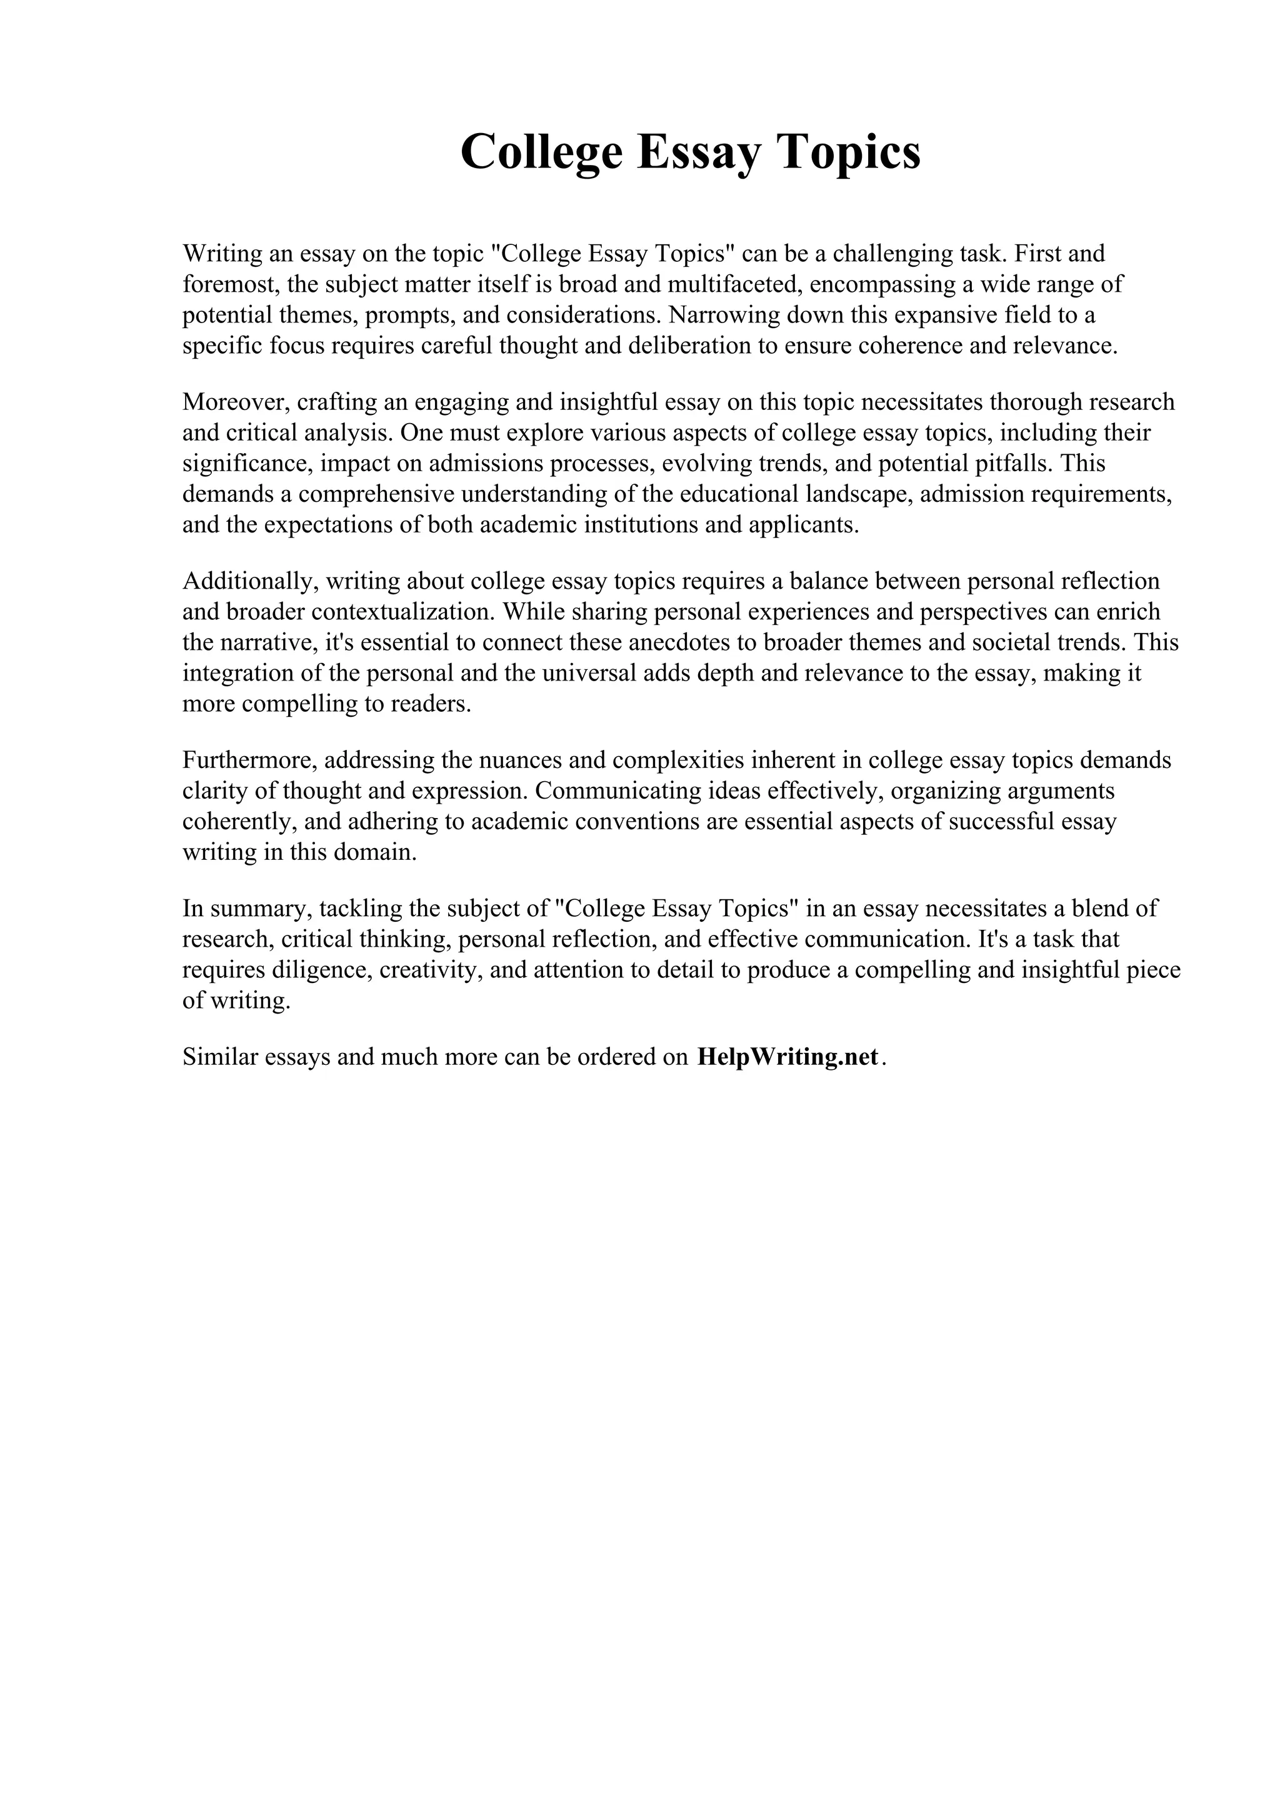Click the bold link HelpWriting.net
click(x=787, y=1056)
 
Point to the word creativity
click(x=431, y=969)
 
